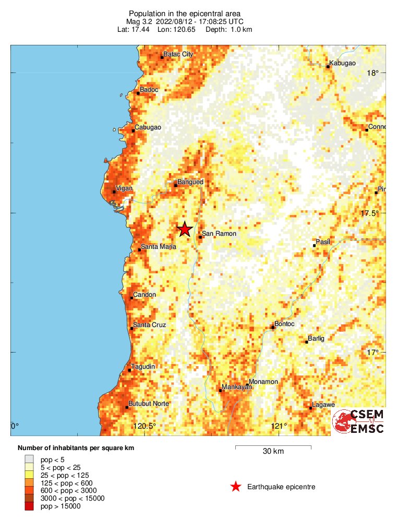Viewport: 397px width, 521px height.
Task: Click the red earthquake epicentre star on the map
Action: [x=184, y=229]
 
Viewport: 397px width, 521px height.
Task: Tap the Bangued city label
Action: [x=190, y=182]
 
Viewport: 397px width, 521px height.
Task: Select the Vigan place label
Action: [x=124, y=188]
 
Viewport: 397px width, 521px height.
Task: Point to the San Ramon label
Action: [x=219, y=234]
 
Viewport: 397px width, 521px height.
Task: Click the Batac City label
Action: [x=178, y=54]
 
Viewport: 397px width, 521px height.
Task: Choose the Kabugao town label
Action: [x=344, y=63]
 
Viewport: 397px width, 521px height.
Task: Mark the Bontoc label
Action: [x=284, y=324]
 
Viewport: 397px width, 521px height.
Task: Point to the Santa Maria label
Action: [x=159, y=247]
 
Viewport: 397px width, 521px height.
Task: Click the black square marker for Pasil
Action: [x=314, y=245]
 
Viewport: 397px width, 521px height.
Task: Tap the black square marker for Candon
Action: [x=131, y=298]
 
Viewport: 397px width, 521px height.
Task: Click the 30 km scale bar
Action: [x=273, y=446]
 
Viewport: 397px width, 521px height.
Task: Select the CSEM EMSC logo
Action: [x=358, y=421]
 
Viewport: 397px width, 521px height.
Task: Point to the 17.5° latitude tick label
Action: [x=372, y=213]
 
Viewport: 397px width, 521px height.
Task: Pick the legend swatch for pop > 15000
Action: [x=29, y=506]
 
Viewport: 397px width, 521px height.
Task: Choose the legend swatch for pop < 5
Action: [x=29, y=459]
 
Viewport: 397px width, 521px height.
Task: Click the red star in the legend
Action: [x=236, y=487]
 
